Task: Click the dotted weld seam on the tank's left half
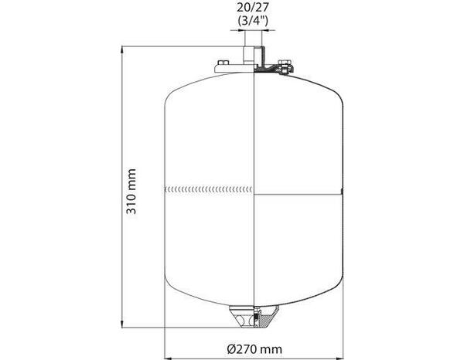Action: click(209, 188)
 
